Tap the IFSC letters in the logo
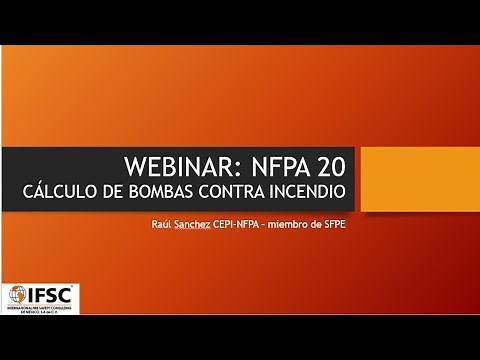(51, 295)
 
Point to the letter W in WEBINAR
(132, 165)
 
